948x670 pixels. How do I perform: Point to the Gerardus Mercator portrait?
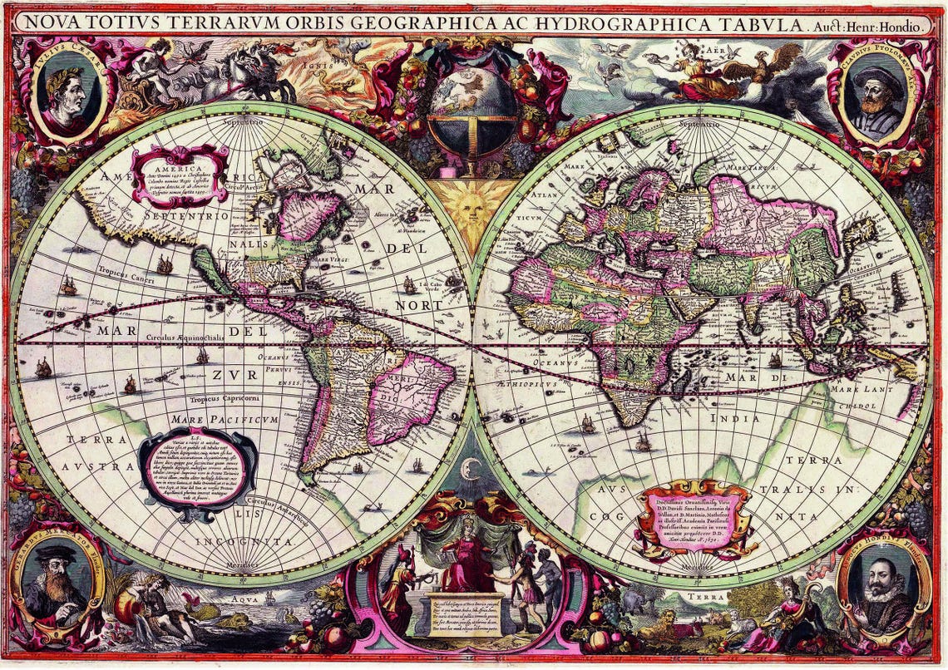tap(58, 582)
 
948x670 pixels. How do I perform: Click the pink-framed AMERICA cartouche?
tap(180, 175)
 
